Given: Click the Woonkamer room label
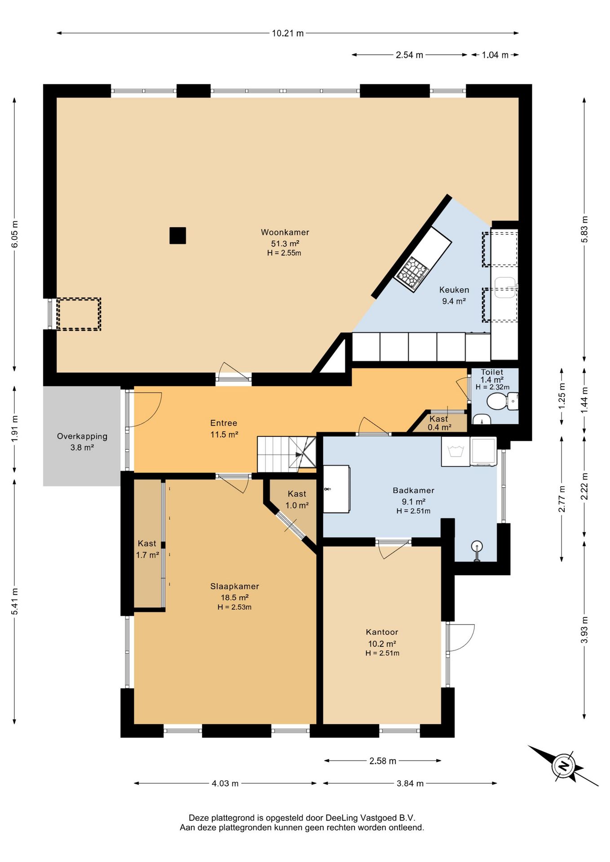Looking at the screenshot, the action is [x=285, y=232].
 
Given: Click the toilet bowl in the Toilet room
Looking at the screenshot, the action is [x=497, y=401].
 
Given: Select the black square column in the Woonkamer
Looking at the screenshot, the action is [x=178, y=236].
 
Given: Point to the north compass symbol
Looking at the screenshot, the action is [x=563, y=765].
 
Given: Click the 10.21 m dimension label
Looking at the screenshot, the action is [x=287, y=33].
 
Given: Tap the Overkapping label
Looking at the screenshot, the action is [x=82, y=436].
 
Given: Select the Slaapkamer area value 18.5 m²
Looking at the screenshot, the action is [x=234, y=598].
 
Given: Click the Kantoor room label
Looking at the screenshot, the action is [x=382, y=632].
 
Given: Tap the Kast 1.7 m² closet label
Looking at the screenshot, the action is [x=147, y=549].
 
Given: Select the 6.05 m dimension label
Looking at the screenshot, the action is [x=15, y=234].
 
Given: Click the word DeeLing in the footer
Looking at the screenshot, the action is [x=342, y=818].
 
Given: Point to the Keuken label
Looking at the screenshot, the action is [x=454, y=290].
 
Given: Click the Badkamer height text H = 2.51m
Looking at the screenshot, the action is [x=413, y=511].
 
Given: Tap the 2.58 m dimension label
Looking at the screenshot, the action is [x=383, y=761].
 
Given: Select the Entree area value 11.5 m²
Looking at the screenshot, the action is [x=224, y=435].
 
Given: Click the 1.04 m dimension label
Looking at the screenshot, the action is [x=495, y=55].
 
